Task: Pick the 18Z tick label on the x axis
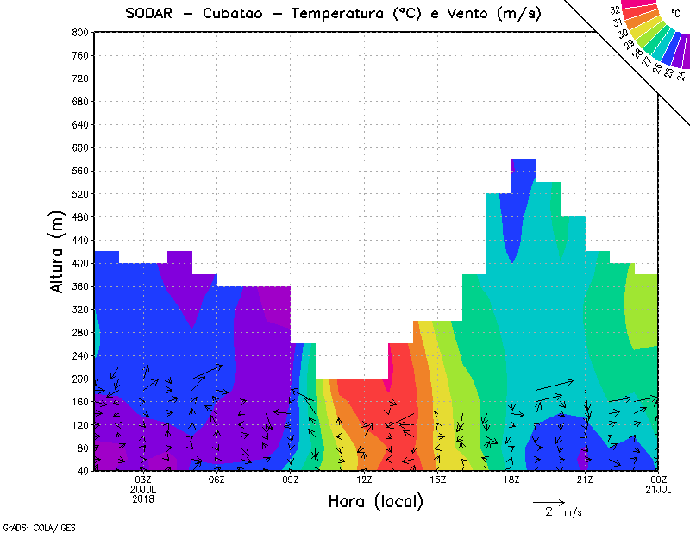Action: click(511, 480)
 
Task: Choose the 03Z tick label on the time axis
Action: click(143, 480)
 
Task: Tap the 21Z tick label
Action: click(585, 480)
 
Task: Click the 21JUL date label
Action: click(658, 489)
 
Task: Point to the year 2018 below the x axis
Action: click(143, 499)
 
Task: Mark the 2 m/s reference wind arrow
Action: click(549, 501)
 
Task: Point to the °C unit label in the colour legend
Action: click(675, 15)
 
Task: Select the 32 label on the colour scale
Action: click(616, 10)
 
